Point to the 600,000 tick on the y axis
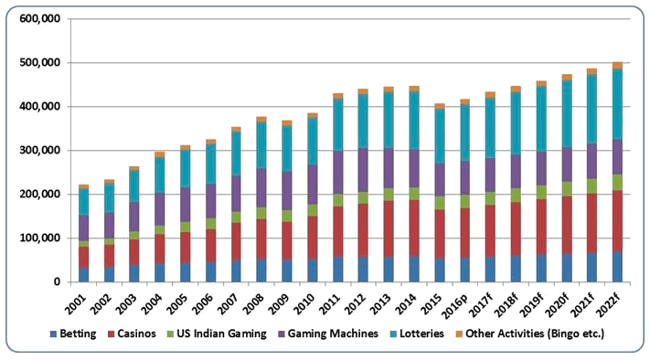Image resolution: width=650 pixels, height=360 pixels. click(40, 19)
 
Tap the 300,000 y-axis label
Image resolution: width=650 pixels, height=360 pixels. click(40, 151)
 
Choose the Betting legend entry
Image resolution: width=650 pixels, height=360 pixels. click(73, 334)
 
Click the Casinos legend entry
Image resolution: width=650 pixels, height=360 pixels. click(132, 334)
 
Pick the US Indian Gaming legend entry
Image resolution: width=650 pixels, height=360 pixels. click(217, 334)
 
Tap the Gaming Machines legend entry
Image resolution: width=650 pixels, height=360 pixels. click(328, 334)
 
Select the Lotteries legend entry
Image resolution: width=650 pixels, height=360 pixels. click(417, 334)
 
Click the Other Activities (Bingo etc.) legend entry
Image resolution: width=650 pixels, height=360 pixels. click(529, 334)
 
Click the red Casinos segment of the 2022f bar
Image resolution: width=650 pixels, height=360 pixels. click(618, 221)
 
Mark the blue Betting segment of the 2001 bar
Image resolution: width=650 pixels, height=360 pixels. click(84, 275)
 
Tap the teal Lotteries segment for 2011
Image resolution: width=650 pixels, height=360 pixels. click(338, 124)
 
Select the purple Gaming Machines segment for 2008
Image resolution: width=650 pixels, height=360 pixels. click(261, 187)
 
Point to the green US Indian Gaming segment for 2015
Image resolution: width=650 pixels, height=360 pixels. click(440, 203)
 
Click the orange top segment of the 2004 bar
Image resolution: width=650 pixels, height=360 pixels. click(160, 154)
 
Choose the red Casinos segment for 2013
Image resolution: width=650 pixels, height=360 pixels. click(389, 229)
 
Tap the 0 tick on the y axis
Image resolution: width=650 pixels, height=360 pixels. click(58, 282)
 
